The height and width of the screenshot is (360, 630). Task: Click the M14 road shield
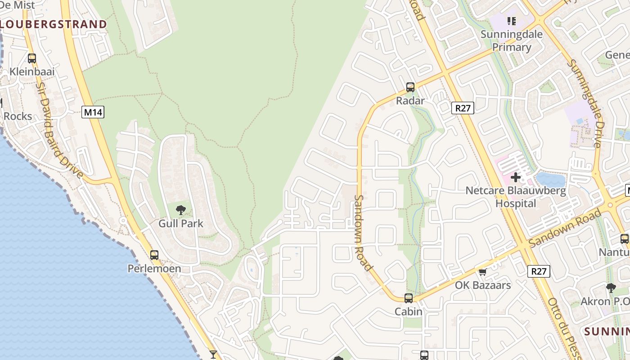[93, 112]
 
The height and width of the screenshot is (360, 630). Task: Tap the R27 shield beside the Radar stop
[463, 108]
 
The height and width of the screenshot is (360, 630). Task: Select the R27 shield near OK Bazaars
[538, 271]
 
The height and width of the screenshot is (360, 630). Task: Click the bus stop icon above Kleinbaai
[31, 58]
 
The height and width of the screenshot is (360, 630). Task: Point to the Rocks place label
[18, 116]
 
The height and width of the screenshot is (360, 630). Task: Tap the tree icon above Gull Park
[181, 210]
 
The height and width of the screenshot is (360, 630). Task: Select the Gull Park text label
[181, 223]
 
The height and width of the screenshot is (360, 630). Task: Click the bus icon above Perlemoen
[154, 255]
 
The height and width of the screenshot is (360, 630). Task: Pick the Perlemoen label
[154, 269]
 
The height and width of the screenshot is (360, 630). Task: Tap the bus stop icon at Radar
[410, 87]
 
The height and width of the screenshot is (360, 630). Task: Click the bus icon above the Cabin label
[408, 298]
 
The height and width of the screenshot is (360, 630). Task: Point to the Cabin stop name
[408, 311]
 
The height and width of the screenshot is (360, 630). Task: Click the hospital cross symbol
[516, 177]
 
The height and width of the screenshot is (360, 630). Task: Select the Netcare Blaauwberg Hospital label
[516, 197]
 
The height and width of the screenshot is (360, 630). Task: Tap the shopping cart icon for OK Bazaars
[483, 272]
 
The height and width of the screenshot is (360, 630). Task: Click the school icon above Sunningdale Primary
[511, 21]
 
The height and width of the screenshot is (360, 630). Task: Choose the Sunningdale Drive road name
[585, 103]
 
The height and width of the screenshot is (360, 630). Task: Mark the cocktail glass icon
[213, 355]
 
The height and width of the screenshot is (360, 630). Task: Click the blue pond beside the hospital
[550, 180]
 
